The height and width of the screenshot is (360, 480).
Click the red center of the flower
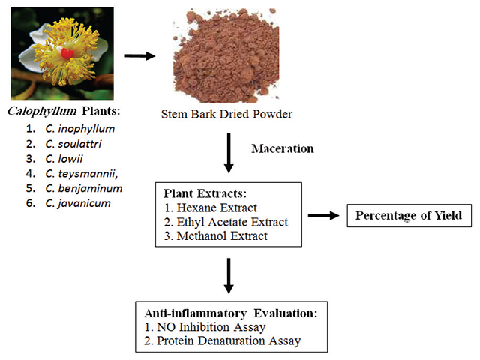point(67,54)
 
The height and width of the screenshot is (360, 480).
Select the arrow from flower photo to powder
point(140,55)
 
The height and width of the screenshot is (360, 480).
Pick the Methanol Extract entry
point(216,235)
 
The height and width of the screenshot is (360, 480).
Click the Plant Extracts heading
point(201,193)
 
